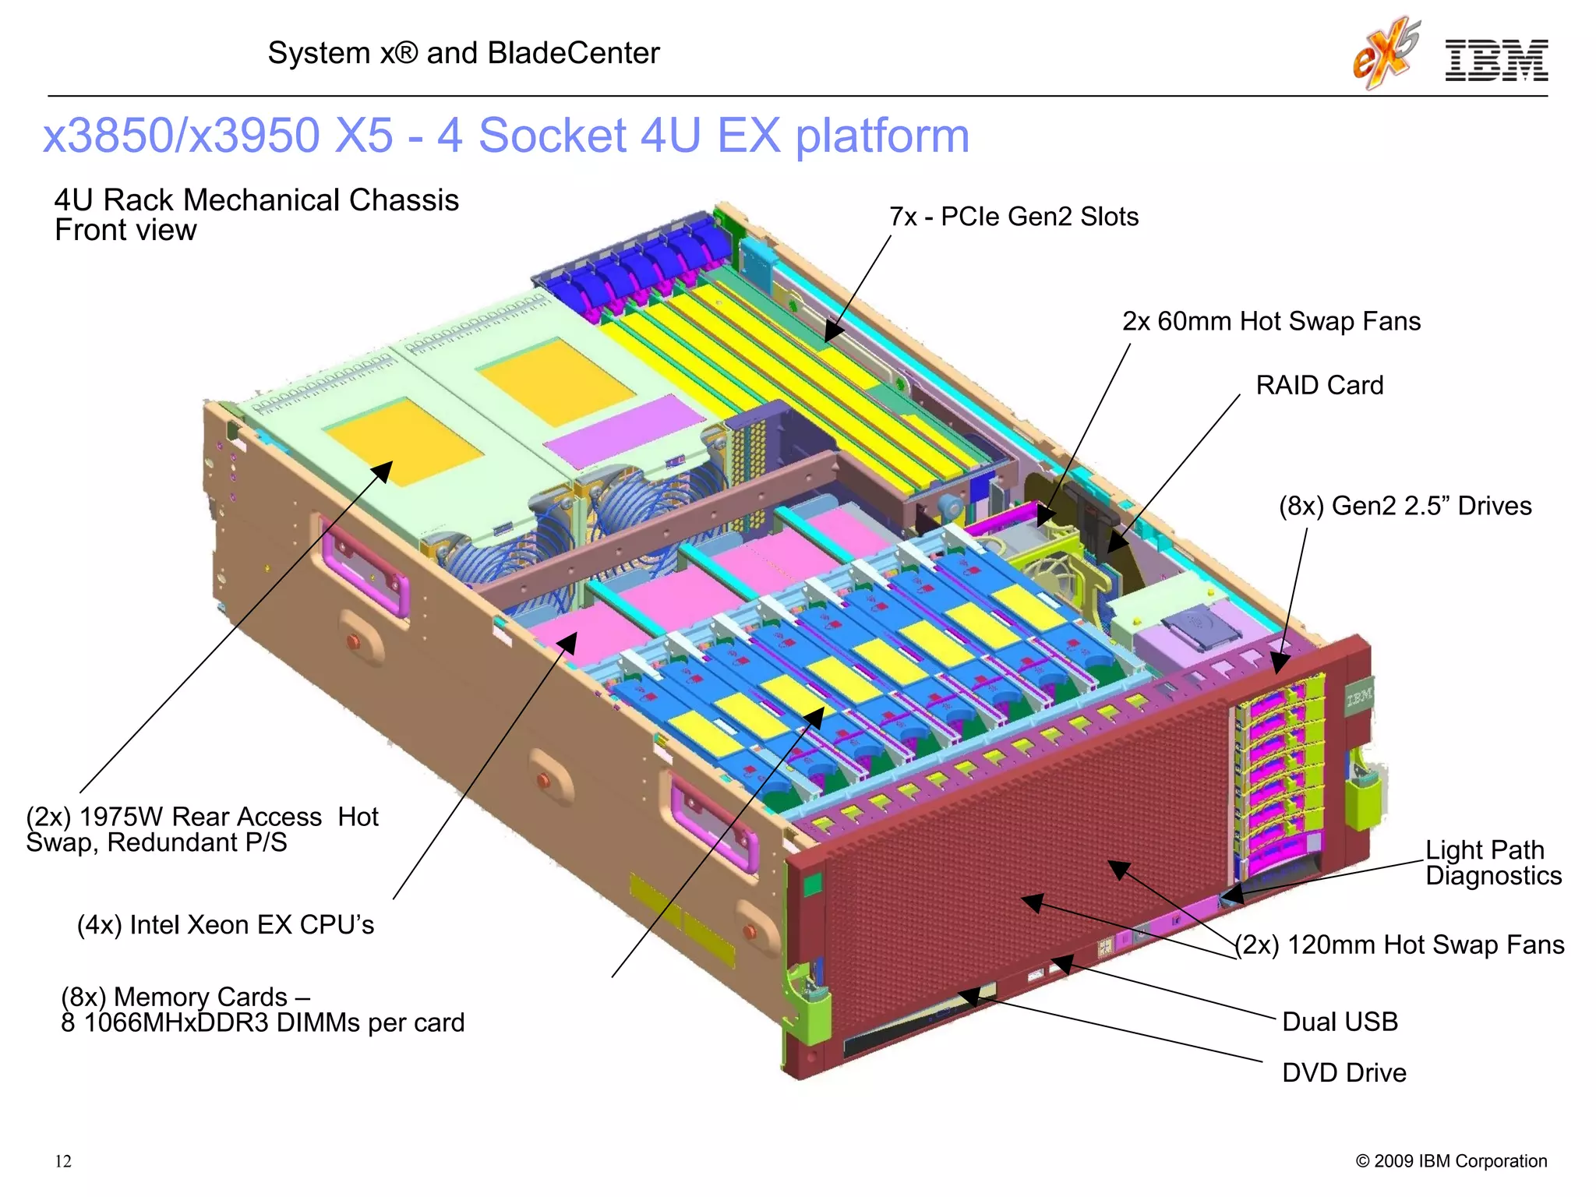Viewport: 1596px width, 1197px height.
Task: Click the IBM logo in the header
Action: pos(1495,61)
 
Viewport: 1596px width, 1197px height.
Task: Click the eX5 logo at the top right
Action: pos(1386,53)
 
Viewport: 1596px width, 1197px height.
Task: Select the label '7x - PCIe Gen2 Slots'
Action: pos(1013,217)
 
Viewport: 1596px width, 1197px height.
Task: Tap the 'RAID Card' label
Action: pos(1319,385)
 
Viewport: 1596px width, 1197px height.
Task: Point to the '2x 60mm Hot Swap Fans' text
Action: pos(1270,321)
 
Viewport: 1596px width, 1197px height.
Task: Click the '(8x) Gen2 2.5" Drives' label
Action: pos(1404,506)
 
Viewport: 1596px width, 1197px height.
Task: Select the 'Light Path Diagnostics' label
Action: pos(1492,862)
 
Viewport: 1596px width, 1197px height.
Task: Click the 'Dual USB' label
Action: pos(1340,1022)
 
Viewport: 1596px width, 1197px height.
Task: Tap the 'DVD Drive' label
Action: pos(1344,1073)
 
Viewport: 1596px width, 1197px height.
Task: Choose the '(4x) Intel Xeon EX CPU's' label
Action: pos(225,925)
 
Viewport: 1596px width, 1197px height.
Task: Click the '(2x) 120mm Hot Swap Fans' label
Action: pos(1400,945)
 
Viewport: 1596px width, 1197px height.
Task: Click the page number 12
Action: pos(63,1161)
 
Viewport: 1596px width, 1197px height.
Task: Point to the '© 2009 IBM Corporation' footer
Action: pos(1451,1161)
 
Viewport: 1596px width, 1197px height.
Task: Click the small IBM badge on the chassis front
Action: pos(1359,697)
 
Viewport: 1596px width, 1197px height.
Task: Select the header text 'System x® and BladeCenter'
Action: pos(464,53)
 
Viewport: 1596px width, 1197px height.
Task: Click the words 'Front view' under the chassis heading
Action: pos(125,231)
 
